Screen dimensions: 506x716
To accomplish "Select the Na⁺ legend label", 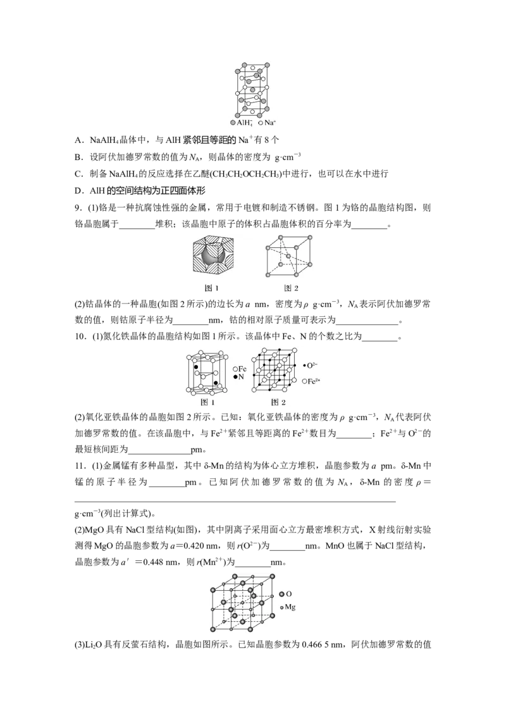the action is [x=268, y=123].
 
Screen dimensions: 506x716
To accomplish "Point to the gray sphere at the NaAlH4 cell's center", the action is [x=252, y=90].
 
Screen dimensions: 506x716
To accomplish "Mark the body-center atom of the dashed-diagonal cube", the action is [x=288, y=256].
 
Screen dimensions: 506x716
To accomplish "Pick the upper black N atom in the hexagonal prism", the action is [x=196, y=367].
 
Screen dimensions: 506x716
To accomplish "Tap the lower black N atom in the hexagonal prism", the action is [x=216, y=383].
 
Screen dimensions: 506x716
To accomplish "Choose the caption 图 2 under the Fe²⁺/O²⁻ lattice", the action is [x=278, y=402].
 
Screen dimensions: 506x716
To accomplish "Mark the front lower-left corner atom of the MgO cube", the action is [x=213, y=629].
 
